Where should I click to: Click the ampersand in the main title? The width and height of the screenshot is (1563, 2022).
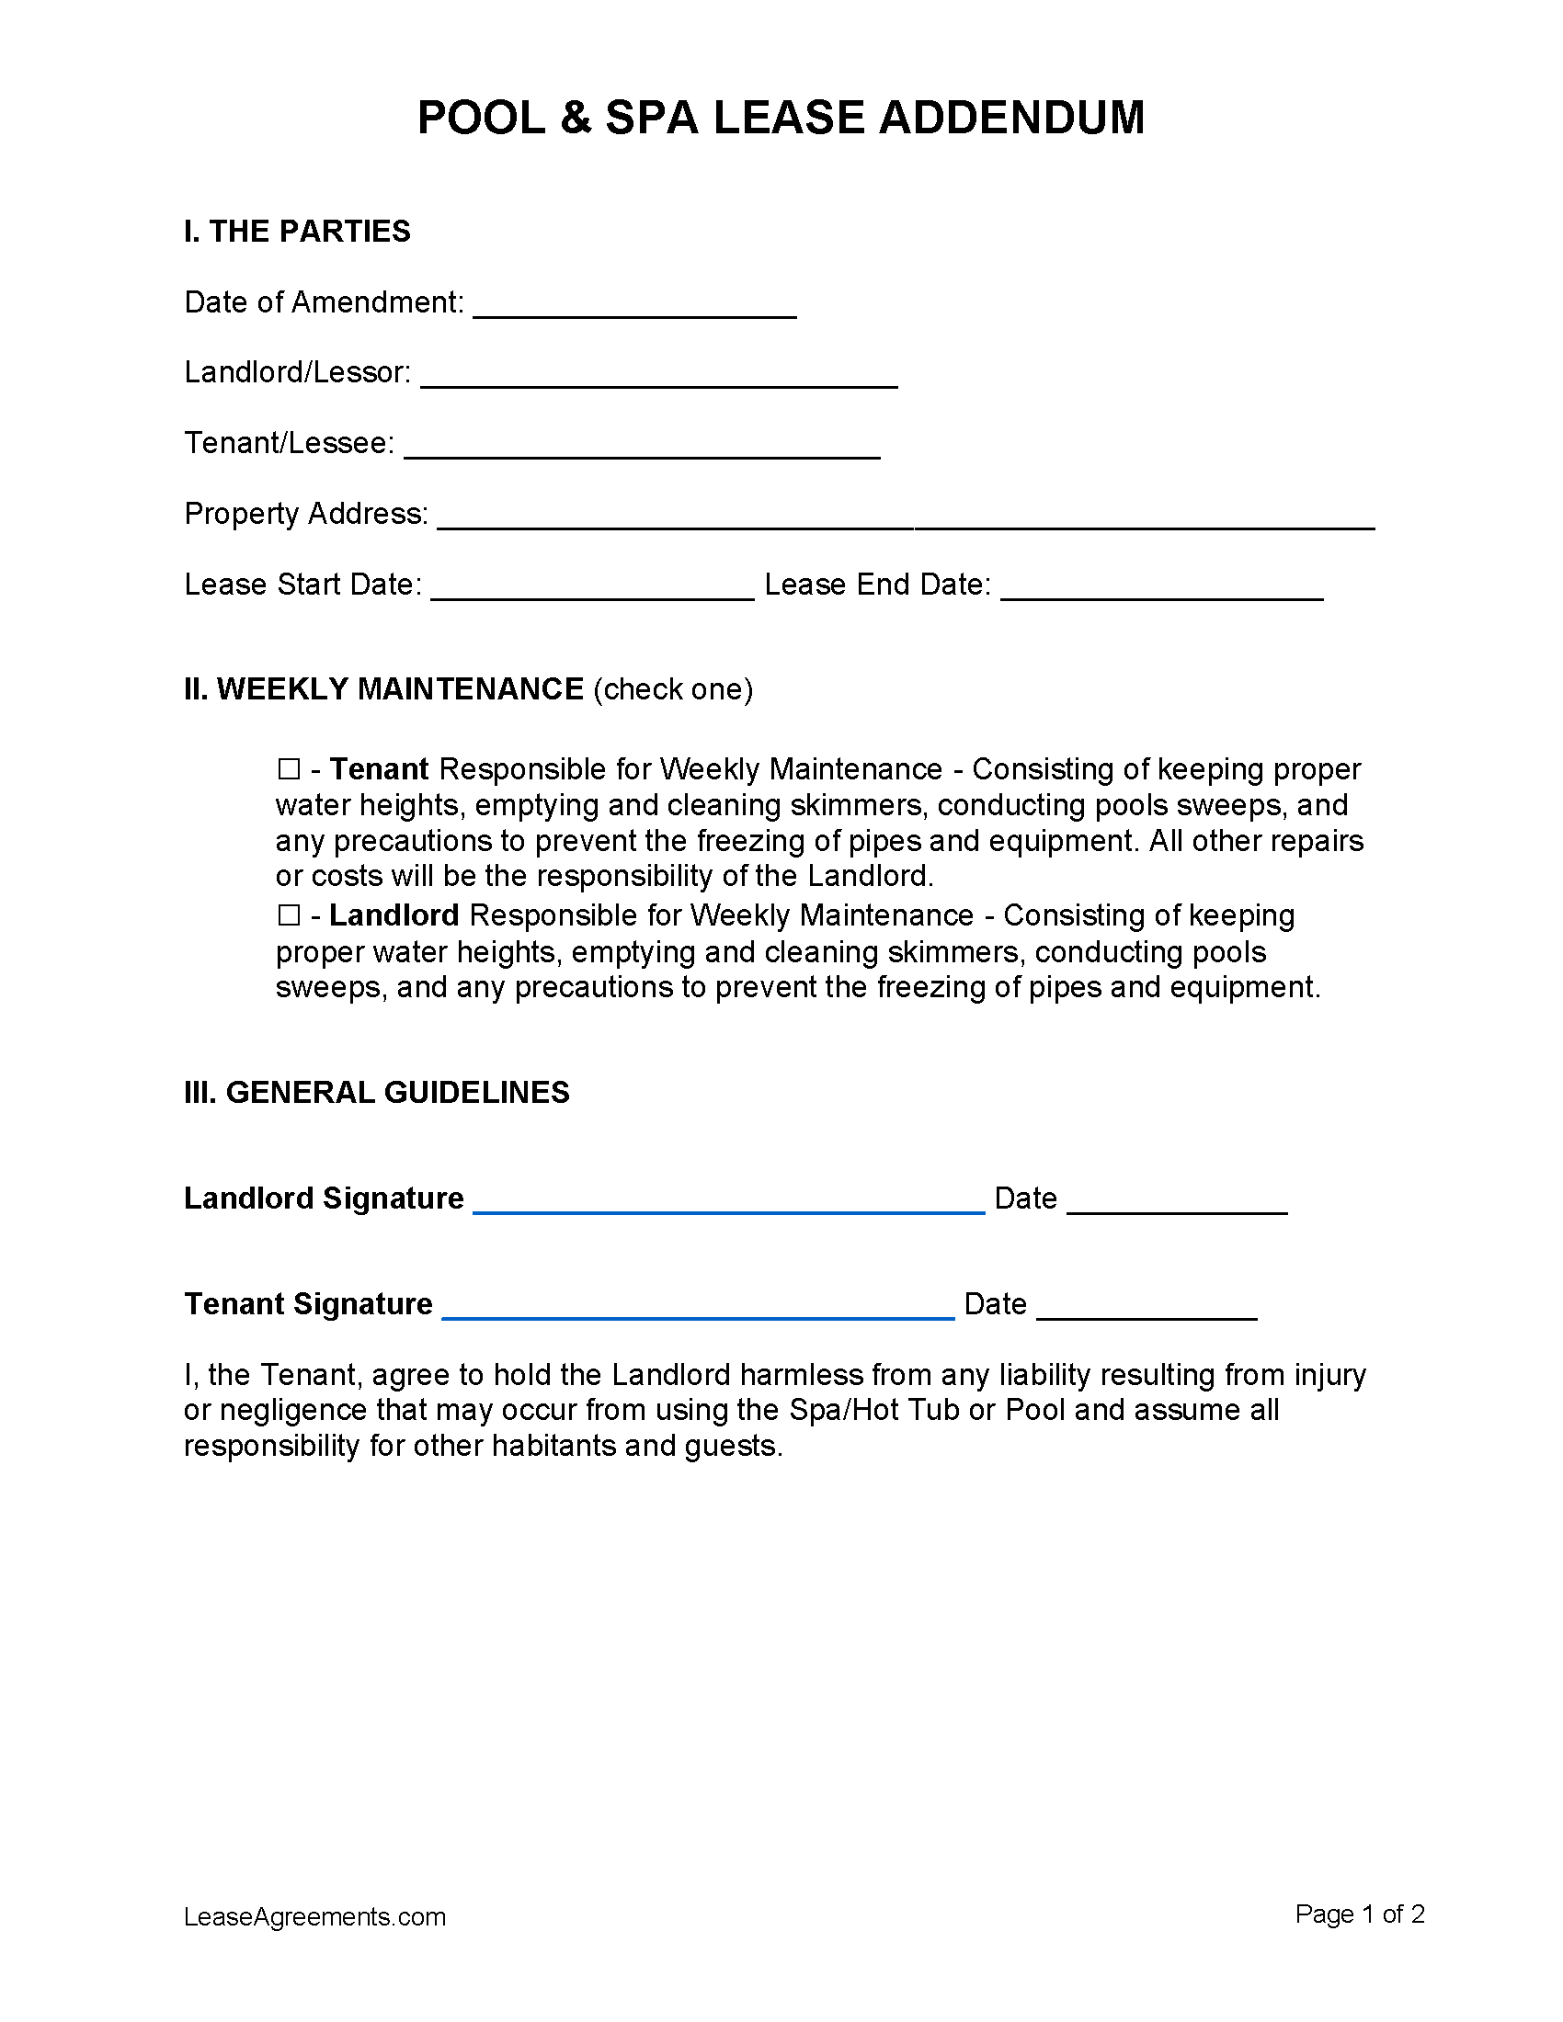575,119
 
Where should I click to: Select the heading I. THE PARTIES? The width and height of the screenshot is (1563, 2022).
297,232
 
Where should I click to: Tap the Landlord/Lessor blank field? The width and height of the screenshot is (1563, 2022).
658,379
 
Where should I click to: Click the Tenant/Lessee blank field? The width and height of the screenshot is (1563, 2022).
642,449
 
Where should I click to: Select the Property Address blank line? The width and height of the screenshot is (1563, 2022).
905,519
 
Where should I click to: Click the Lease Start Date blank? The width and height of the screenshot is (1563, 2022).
593,591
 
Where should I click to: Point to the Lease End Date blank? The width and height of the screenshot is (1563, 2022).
1161,591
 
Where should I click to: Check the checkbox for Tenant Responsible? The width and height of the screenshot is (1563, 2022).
289,768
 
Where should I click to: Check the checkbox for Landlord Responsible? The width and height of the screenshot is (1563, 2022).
289,914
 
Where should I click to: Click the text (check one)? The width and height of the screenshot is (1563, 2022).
672,689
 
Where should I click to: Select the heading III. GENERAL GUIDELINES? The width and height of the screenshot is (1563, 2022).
377,1093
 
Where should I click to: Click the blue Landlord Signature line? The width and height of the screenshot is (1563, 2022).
729,1204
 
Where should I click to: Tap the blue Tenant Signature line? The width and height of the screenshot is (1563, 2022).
698,1309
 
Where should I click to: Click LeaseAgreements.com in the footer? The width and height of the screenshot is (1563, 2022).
314,1916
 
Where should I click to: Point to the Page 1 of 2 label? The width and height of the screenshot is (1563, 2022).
1358,1914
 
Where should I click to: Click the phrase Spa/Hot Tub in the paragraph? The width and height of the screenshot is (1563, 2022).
874,1410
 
